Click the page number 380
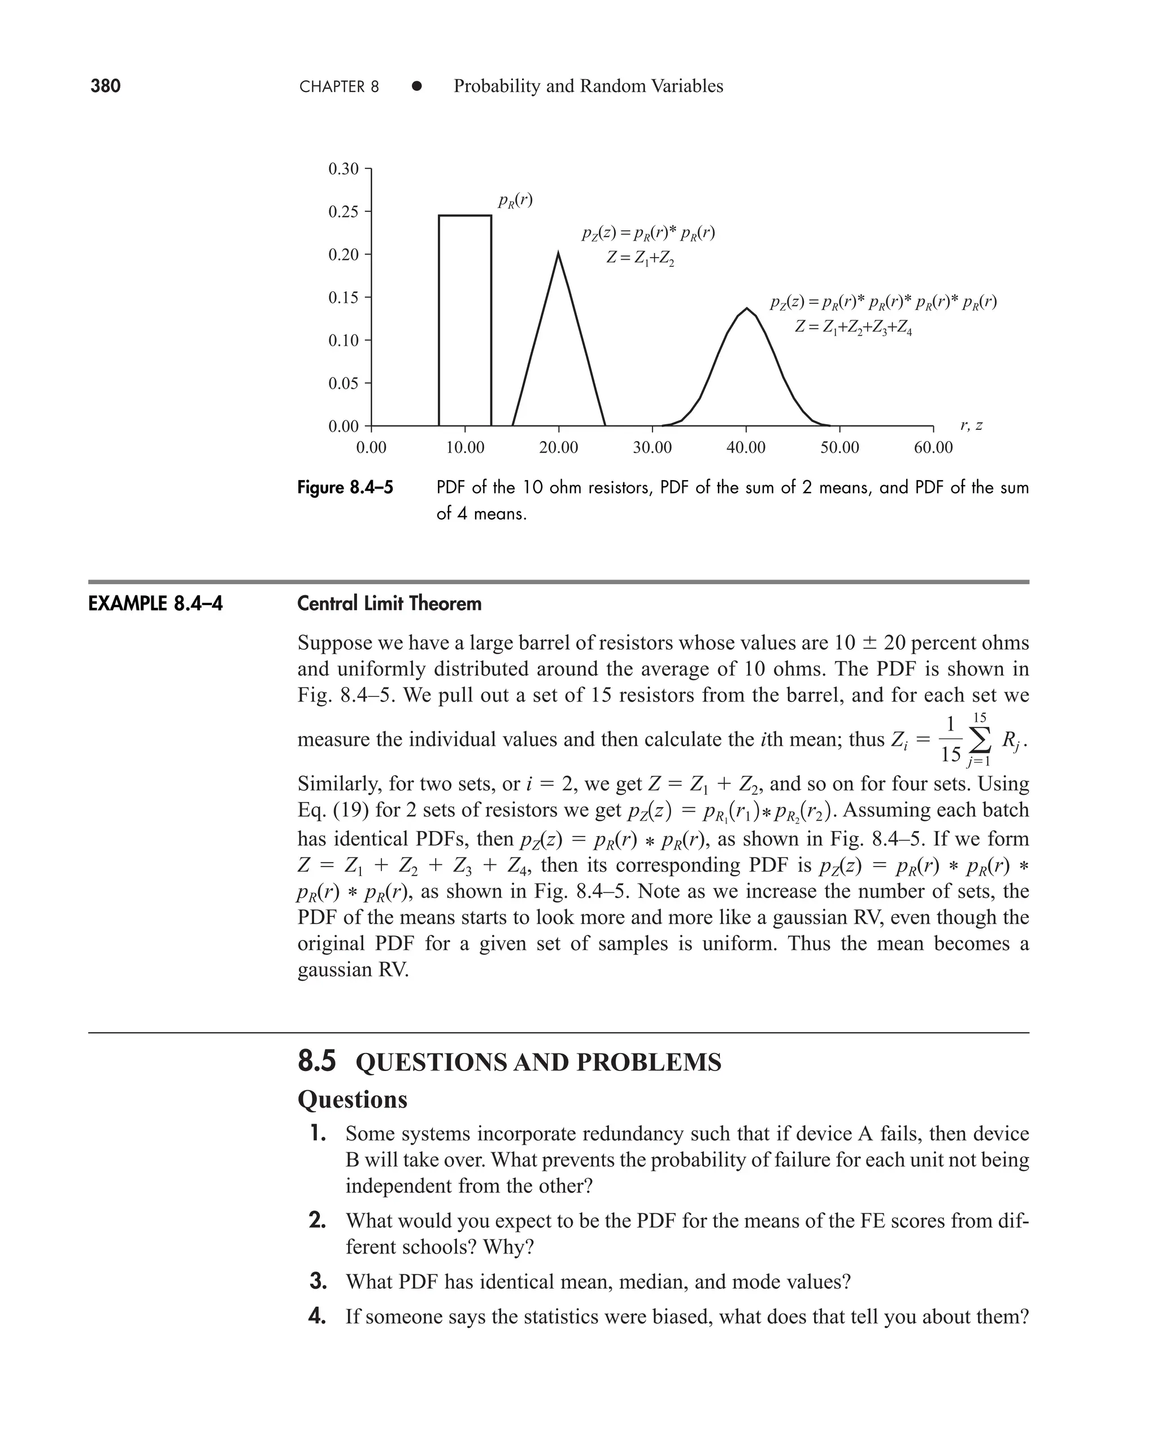[105, 86]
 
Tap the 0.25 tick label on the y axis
[343, 212]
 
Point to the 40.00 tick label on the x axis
[746, 448]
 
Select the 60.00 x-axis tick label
[933, 448]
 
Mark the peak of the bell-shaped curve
[747, 308]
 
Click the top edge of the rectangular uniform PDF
[465, 215]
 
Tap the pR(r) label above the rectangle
[515, 200]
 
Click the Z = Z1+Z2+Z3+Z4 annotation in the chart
[853, 327]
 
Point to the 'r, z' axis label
[971, 425]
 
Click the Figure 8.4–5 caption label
[345, 488]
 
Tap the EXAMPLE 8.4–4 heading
[155, 604]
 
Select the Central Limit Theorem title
[389, 604]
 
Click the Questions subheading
[352, 1099]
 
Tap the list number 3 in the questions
[317, 1281]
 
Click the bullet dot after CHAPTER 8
[416, 86]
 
